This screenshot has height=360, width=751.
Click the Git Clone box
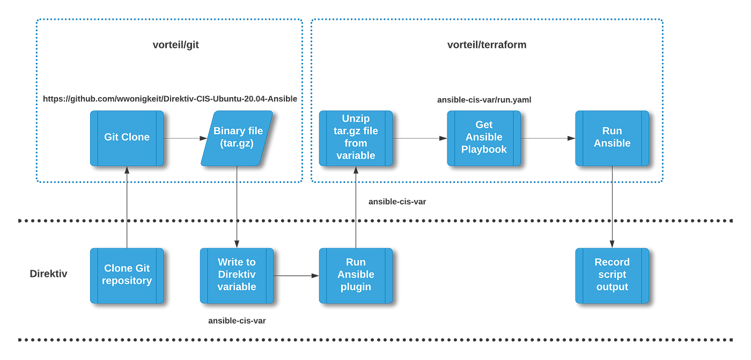point(127,138)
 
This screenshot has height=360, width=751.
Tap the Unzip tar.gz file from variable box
point(356,138)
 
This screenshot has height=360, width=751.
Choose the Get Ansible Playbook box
point(483,138)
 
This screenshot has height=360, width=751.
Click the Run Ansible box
point(612,138)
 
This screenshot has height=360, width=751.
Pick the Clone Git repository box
point(127,275)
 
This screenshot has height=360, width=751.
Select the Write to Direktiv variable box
point(237,275)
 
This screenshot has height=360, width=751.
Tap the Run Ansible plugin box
point(356,275)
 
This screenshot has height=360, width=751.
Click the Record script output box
point(612,275)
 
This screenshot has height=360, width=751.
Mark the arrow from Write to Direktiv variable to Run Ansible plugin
point(295,276)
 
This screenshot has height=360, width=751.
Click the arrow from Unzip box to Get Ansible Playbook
point(419,138)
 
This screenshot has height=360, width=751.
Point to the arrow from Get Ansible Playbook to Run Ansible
point(547,138)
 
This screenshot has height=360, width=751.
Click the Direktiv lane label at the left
point(48,274)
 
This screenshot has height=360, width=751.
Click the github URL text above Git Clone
point(170,99)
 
